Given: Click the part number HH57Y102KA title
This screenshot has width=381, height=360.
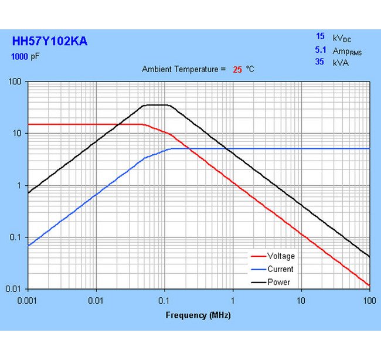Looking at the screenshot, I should (50, 42).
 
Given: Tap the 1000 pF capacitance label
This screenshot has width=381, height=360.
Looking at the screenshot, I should (27, 57).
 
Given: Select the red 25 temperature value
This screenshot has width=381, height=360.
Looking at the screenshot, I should (237, 69).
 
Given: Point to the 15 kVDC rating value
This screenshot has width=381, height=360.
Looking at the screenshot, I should (319, 36).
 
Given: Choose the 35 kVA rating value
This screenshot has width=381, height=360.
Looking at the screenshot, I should (319, 62).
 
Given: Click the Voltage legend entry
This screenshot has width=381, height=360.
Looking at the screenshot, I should (281, 256).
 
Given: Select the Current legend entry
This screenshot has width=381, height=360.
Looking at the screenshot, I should (280, 269).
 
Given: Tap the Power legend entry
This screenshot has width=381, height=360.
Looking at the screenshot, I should (278, 282).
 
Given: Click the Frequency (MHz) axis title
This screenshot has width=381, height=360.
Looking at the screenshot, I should (198, 315).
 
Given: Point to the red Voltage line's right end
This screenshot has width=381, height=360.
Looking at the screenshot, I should (369, 286).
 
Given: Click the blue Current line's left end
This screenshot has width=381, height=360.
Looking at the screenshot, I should (29, 246).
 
